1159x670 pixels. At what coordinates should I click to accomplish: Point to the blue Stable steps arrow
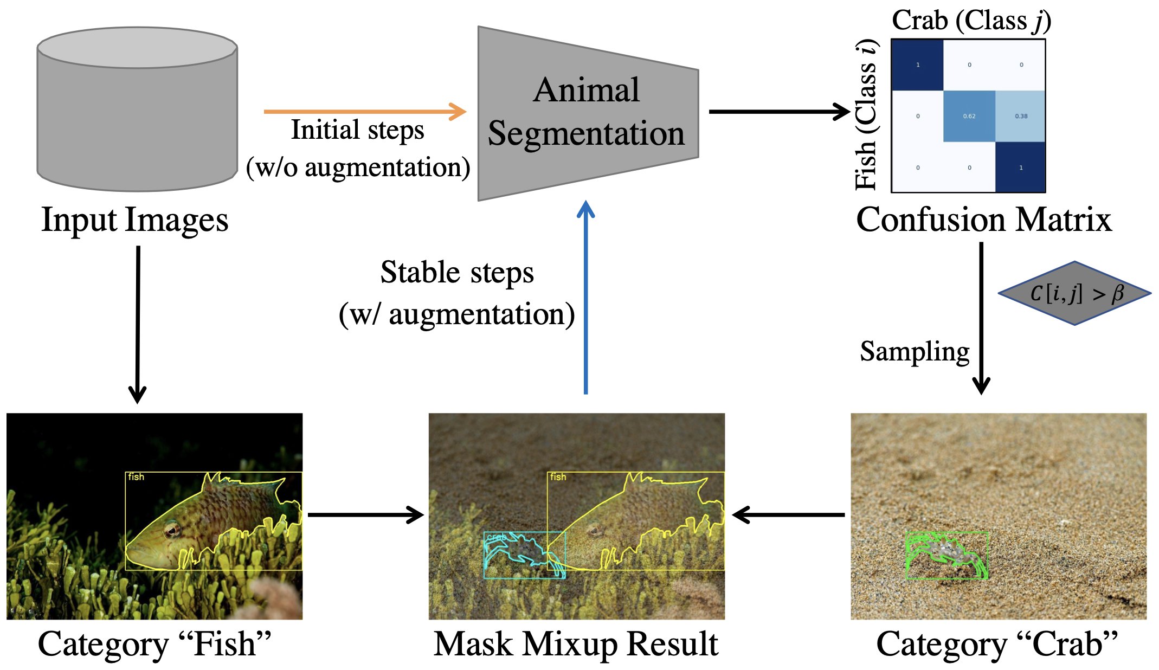click(x=585, y=298)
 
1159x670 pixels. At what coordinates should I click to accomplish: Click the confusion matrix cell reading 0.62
click(x=969, y=116)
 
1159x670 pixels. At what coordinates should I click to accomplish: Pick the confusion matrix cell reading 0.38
click(x=1021, y=116)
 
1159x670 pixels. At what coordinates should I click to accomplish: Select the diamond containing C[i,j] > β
click(x=1074, y=293)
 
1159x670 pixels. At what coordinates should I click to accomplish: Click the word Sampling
click(x=915, y=351)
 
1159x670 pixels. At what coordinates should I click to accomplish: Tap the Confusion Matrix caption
click(x=983, y=220)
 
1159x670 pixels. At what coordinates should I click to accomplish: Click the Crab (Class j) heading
click(x=971, y=21)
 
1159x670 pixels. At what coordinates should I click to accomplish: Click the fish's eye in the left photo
click(x=172, y=529)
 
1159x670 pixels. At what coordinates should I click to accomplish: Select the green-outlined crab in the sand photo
click(x=946, y=554)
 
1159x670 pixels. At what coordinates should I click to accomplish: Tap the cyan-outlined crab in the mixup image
click(x=518, y=553)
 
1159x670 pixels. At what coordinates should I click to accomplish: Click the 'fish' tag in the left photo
click(x=136, y=477)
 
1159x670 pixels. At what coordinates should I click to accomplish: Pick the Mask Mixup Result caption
click(x=576, y=644)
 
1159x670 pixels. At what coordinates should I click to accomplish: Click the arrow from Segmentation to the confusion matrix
click(x=778, y=112)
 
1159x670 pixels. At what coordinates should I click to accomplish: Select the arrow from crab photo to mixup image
click(x=788, y=514)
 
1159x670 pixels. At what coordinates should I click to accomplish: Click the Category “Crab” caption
click(x=997, y=644)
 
